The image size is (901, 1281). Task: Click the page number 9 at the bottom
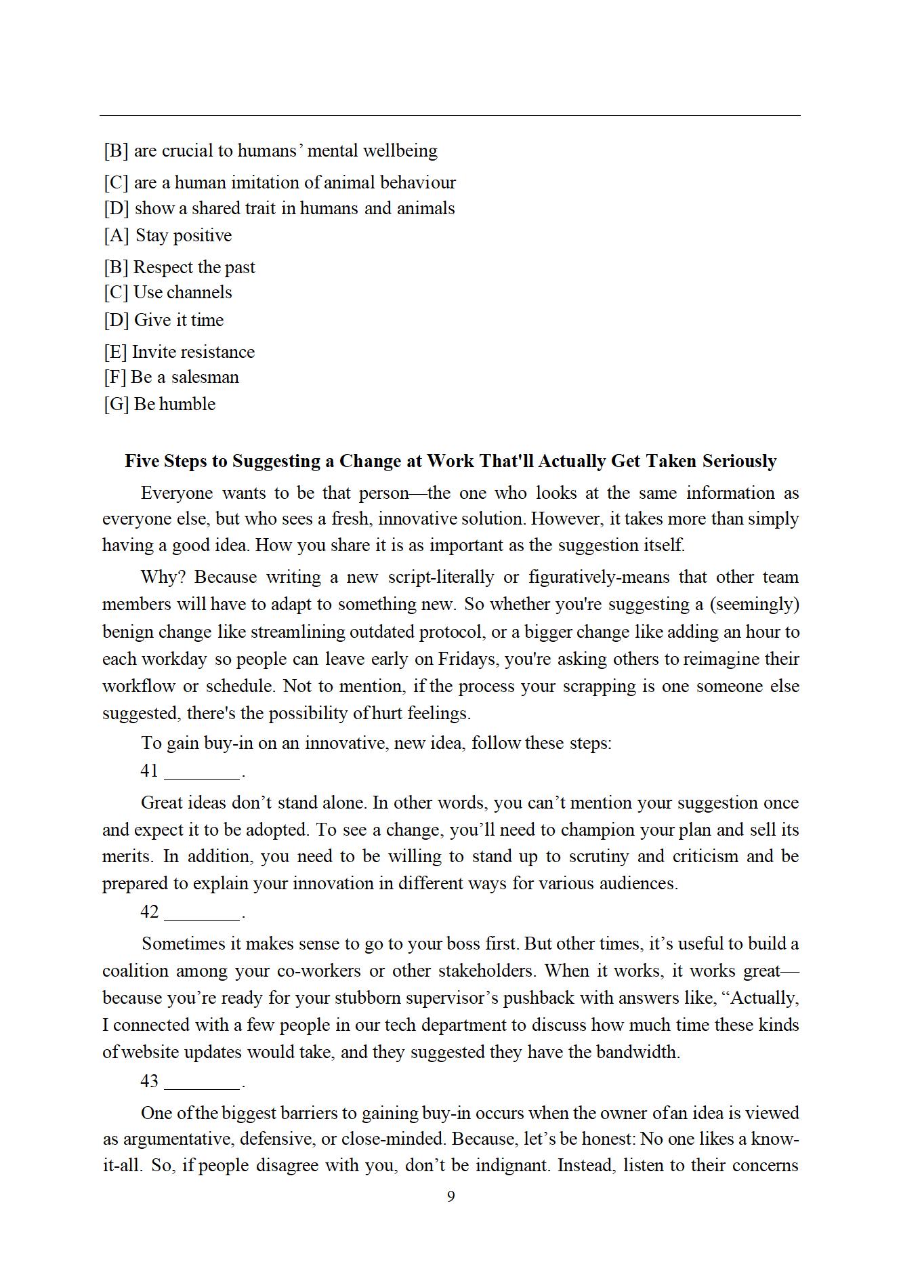[450, 1196]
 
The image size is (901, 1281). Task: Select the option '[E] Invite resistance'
[179, 352]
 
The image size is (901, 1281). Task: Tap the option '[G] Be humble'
[159, 404]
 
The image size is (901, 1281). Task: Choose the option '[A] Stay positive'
[167, 235]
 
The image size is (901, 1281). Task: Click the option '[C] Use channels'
[167, 292]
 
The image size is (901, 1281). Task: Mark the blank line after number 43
[202, 1082]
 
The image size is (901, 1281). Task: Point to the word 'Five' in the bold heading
[142, 461]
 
